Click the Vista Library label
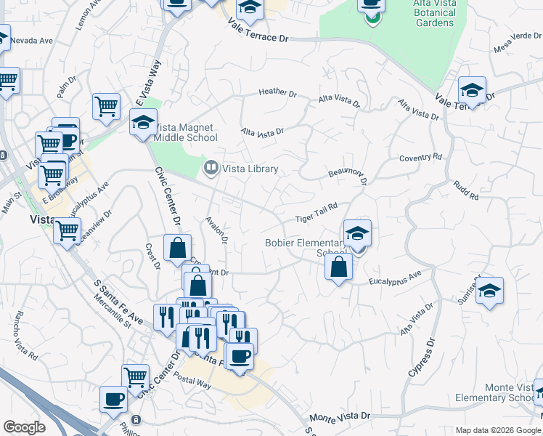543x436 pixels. coord(250,169)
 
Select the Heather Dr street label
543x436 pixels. coord(277,93)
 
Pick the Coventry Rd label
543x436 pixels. coord(420,157)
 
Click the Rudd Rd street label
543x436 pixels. coord(467,191)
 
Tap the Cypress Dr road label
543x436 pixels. coord(420,359)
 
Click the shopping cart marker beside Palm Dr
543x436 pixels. coord(106,106)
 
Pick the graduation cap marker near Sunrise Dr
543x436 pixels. coord(489,291)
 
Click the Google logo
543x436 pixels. coord(24,427)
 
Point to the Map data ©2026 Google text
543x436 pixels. coord(497,430)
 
